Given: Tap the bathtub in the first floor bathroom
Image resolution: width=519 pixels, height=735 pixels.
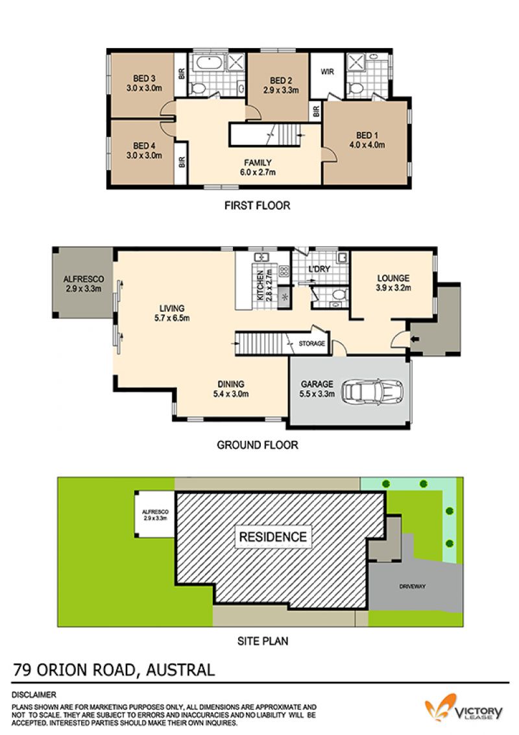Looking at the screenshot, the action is tap(208, 62).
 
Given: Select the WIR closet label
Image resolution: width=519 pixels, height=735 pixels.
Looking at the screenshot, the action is tap(328, 71).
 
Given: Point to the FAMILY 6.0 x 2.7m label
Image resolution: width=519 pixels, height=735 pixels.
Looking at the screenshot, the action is tap(258, 168).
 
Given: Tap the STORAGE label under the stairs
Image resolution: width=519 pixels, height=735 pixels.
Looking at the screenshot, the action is tap(311, 343).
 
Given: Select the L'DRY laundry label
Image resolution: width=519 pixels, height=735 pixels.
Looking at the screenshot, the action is tap(319, 269).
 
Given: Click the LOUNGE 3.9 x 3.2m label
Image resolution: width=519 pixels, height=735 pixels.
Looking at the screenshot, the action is tap(393, 283).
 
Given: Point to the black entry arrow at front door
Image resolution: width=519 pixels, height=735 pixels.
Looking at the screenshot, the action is tap(415, 339).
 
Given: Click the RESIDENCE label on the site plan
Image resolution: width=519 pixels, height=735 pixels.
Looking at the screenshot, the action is tap(273, 537).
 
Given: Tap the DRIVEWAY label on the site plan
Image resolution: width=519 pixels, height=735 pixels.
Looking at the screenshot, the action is tap(412, 586).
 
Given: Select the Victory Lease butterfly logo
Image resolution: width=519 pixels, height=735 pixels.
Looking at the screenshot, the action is tap(441, 707).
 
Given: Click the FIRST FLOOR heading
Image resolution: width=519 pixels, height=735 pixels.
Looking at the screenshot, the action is tap(257, 205).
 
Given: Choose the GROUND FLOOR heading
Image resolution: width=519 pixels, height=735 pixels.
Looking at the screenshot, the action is tap(257, 445).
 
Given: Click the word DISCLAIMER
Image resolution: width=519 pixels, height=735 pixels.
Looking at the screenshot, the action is tap(34, 695).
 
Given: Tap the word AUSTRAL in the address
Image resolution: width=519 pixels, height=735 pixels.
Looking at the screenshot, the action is tap(180, 670).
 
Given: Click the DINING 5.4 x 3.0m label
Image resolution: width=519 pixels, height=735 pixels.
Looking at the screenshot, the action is tap(231, 389).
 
